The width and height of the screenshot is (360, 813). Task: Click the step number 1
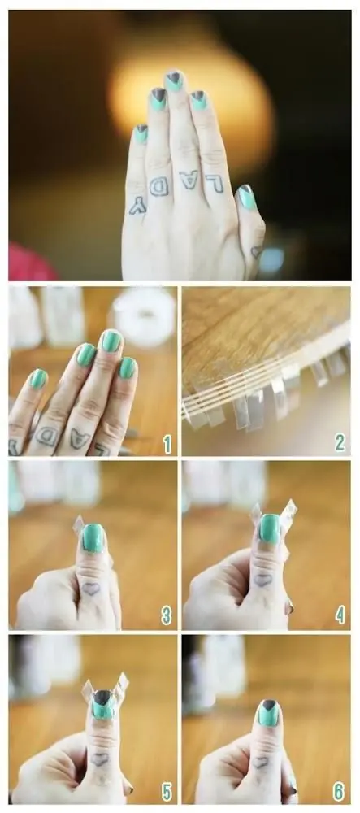pos(167,444)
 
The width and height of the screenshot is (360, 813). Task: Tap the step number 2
pos(340,443)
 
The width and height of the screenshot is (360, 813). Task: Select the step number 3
pos(167,615)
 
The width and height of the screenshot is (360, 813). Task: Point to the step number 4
pos(340,615)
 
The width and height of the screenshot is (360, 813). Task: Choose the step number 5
pos(167,792)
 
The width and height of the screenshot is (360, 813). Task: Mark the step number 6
pos(339,792)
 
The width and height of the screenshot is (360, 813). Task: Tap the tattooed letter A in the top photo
pos(189,180)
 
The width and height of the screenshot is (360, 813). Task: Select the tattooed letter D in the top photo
pos(159,186)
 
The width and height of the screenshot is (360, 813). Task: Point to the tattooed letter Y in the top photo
pos(138,206)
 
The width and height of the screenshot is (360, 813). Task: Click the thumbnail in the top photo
pos(246,198)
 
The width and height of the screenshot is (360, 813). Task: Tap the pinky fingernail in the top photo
pos(141,133)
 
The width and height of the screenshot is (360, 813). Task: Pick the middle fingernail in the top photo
pos(174,80)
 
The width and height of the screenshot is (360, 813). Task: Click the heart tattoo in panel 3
pos(91,589)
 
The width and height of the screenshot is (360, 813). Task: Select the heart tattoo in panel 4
pos(262,580)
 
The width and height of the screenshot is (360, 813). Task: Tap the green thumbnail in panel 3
pos(93,537)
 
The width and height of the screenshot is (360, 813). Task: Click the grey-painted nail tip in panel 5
pos(103,698)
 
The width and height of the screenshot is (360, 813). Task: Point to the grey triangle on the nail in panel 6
pos(269,705)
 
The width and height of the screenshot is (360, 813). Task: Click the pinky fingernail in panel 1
pos(38,379)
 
